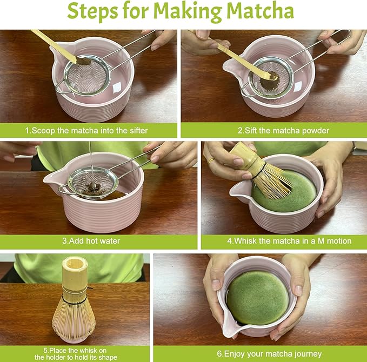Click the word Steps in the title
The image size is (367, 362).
point(97,12)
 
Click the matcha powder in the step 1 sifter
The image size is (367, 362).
point(84,61)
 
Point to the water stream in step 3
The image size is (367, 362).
point(91,167)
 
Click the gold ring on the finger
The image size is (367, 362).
point(211,160)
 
